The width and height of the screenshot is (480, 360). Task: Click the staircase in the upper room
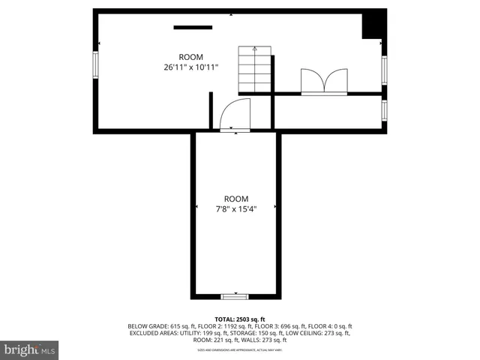(x=254, y=69)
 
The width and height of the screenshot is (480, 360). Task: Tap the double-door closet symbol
(x=323, y=81)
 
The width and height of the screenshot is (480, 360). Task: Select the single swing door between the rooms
(x=235, y=115)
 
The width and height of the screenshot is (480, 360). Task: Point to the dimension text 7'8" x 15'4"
(x=236, y=209)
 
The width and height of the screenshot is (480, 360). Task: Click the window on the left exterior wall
(x=94, y=64)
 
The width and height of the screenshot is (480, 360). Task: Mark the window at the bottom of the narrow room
(x=236, y=295)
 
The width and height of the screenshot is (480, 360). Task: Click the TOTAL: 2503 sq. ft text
(x=240, y=318)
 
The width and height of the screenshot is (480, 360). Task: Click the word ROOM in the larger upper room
(x=190, y=58)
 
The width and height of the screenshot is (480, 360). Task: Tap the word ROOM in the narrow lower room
(x=236, y=199)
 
